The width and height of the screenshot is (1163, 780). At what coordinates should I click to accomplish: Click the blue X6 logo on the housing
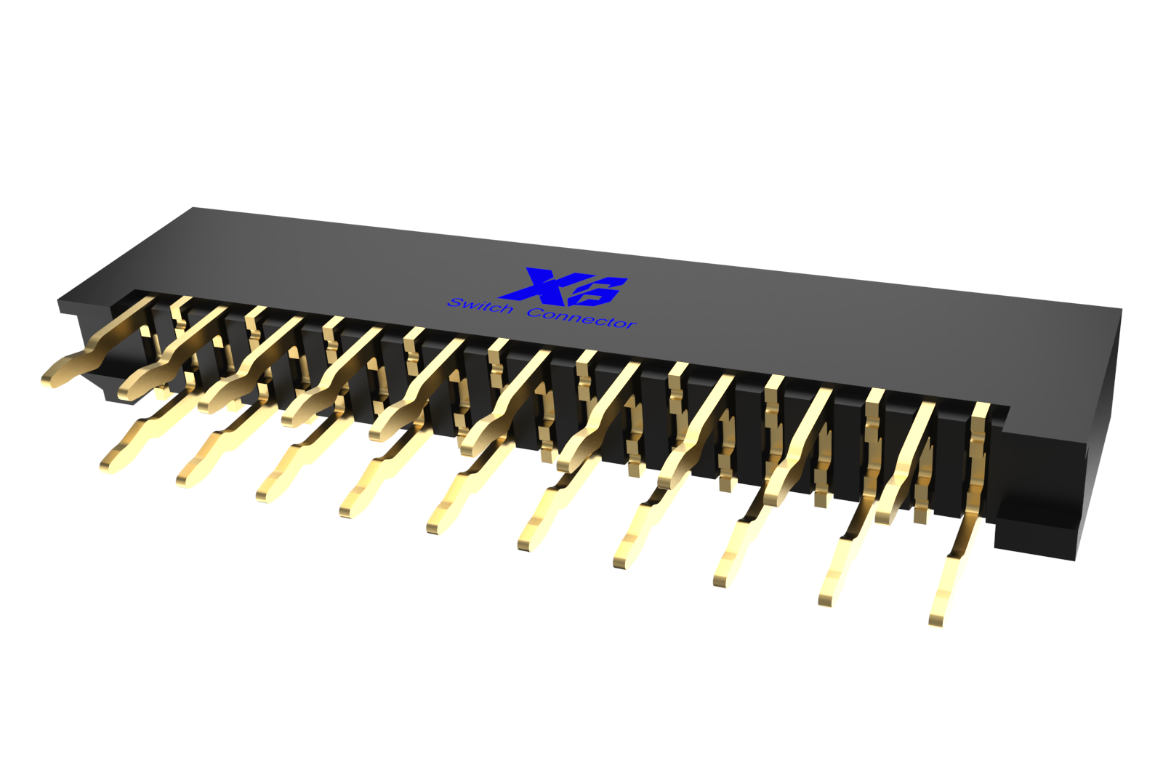(567, 286)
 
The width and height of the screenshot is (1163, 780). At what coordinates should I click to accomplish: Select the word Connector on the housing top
(581, 318)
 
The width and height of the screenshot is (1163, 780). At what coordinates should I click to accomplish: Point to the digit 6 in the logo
(600, 291)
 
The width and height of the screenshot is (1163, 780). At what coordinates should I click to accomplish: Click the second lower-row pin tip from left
(185, 478)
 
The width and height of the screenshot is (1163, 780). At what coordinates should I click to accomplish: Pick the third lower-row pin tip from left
(265, 494)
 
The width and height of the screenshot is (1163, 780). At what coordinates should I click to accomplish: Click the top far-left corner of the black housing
(193, 209)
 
